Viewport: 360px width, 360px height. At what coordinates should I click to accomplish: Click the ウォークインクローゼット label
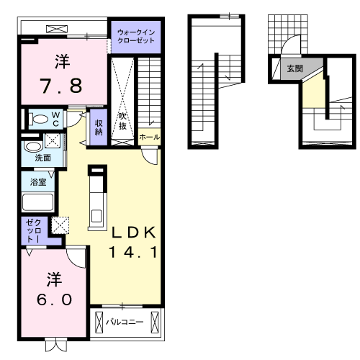136,37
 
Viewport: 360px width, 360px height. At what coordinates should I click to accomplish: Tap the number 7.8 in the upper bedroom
62,86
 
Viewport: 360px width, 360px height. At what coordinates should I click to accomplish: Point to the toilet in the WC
38,120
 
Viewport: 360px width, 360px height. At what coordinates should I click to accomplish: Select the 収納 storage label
99,127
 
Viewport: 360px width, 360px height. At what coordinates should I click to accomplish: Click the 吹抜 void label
122,121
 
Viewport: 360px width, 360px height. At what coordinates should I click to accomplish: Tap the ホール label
150,138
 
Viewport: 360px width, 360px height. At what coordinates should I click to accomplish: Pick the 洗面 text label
43,158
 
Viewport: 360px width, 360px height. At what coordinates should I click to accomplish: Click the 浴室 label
38,182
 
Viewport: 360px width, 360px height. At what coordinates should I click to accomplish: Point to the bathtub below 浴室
37,202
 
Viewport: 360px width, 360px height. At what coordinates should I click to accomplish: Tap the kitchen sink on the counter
97,216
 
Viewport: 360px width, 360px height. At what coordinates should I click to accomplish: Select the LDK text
133,233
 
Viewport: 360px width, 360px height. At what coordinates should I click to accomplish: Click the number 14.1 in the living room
133,252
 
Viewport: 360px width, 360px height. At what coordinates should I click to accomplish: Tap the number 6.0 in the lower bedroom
55,300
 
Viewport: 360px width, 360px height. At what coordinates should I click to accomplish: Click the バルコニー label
125,322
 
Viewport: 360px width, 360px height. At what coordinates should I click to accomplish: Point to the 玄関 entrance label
295,68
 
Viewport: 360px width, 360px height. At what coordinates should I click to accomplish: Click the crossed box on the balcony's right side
155,323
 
